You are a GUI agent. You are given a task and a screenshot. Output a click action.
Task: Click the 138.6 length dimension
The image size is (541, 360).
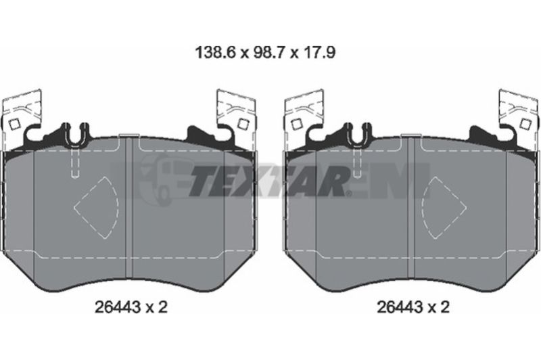click(x=215, y=53)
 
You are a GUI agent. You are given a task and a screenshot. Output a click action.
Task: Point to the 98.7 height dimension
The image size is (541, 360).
click(x=268, y=53)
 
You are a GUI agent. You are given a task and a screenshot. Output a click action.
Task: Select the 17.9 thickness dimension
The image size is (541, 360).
click(x=319, y=53)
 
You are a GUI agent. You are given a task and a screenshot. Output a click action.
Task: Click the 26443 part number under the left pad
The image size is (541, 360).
click(x=118, y=307)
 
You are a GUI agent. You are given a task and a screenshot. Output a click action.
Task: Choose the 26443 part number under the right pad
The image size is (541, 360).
click(x=400, y=307)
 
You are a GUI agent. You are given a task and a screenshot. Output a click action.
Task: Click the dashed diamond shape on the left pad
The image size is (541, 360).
click(x=96, y=208)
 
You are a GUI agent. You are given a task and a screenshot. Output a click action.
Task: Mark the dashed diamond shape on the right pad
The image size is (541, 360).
click(x=444, y=208)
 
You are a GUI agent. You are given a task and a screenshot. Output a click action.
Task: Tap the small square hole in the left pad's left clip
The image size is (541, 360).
click(x=14, y=125)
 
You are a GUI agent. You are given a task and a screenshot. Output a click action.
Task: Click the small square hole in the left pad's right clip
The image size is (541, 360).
click(x=243, y=124)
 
